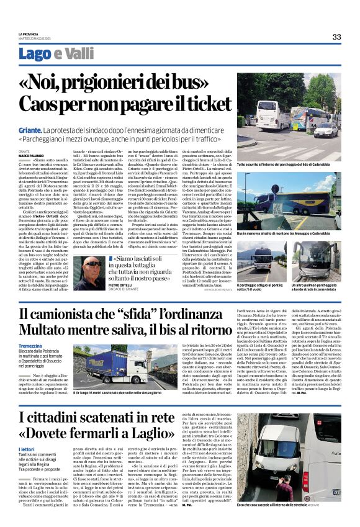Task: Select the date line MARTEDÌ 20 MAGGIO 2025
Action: coord(38,39)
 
